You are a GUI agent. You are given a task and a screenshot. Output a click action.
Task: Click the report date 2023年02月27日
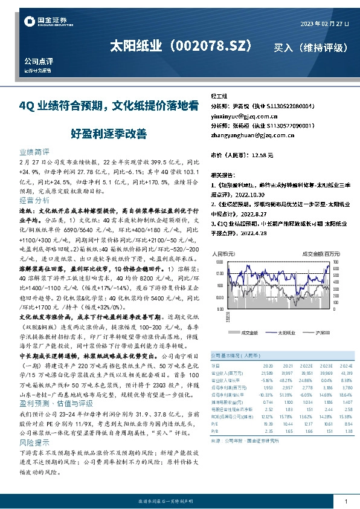pyautogui.click(x=324, y=24)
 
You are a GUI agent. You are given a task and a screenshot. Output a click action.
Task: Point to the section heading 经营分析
pyautogui.click(x=34, y=199)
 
